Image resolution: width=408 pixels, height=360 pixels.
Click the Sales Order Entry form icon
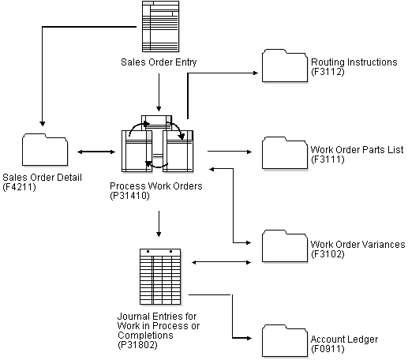click(158, 26)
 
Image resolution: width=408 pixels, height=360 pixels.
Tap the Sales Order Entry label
click(159, 61)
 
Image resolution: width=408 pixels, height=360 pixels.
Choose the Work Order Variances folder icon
click(284, 246)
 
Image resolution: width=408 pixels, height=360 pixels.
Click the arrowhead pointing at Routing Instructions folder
click(256, 73)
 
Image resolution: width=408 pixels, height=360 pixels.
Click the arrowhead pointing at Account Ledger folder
click(256, 337)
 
